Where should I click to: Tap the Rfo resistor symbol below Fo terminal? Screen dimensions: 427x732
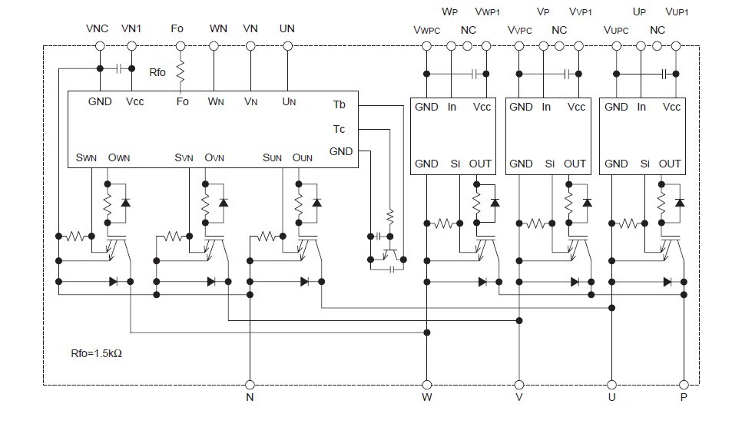(181, 73)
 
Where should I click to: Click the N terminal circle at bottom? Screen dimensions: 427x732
(249, 384)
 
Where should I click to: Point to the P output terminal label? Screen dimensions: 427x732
(684, 399)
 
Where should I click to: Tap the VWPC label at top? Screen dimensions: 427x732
(427, 31)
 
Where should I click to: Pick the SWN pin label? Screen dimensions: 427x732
(86, 157)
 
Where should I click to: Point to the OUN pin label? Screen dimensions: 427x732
(303, 157)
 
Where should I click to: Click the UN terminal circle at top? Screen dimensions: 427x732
(287, 46)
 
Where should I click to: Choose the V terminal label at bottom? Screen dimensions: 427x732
(519, 399)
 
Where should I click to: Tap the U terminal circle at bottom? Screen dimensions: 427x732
(612, 384)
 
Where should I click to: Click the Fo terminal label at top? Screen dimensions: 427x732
(177, 28)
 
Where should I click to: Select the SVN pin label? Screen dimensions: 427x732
(184, 157)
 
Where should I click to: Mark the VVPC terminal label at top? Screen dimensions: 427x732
(520, 31)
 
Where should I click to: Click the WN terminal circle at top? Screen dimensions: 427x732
(217, 46)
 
